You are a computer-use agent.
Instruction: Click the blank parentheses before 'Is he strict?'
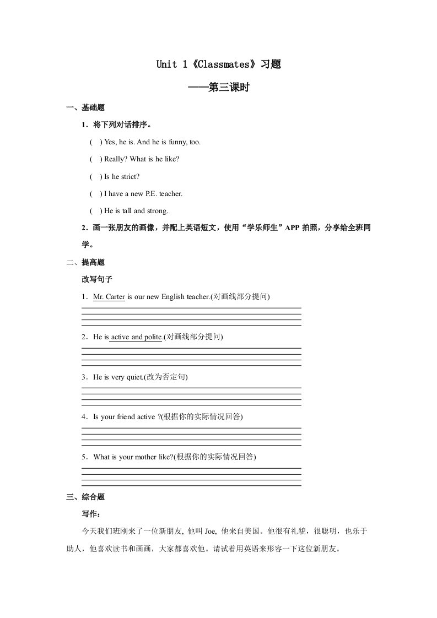[95, 176]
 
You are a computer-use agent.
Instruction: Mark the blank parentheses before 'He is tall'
[95, 211]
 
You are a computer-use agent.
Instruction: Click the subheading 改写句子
[97, 279]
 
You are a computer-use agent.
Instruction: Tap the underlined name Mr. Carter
[110, 297]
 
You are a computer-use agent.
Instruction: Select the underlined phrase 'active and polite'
[136, 337]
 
